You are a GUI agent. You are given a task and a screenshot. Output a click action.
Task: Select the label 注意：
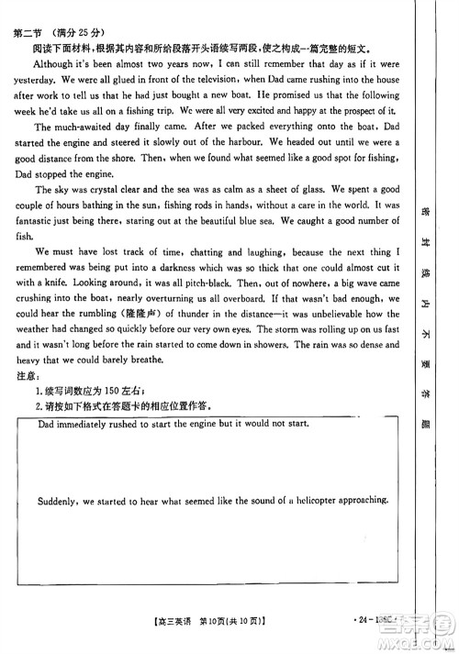tap(28, 378)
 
